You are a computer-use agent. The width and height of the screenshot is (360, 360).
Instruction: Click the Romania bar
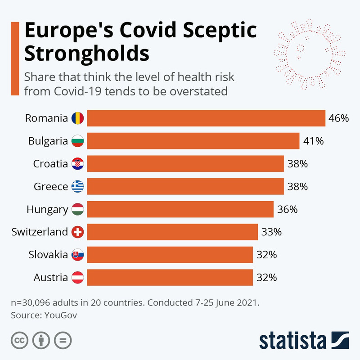click(x=206, y=118)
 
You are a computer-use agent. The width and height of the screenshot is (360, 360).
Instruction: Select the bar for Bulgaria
click(x=193, y=141)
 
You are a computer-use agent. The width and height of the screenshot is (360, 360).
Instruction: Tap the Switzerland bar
click(x=172, y=232)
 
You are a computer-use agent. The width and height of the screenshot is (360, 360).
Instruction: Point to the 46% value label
click(x=338, y=118)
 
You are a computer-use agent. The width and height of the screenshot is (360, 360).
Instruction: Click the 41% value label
click(x=313, y=141)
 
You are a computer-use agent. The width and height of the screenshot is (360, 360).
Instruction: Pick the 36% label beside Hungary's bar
click(x=287, y=209)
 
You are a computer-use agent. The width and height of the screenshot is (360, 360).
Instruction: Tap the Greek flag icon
click(x=77, y=186)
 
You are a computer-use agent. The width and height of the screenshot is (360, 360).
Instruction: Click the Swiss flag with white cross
click(x=77, y=232)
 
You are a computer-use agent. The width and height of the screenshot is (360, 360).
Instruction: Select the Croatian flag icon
click(x=77, y=164)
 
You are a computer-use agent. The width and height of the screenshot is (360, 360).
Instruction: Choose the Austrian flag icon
click(x=77, y=278)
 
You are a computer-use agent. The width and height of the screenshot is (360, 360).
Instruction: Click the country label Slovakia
click(x=48, y=255)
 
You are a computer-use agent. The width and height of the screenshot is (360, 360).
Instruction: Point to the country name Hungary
click(x=47, y=210)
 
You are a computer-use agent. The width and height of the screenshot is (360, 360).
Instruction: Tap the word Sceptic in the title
click(x=220, y=30)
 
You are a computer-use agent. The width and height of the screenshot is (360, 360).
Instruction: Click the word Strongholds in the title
click(x=87, y=54)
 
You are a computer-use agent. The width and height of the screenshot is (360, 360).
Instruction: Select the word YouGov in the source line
click(x=61, y=315)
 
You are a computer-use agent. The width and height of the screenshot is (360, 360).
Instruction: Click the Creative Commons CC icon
click(x=19, y=340)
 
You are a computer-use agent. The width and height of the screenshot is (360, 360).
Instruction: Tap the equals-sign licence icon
click(x=63, y=340)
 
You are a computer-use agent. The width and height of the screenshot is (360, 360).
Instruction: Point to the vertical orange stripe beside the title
click(x=15, y=58)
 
